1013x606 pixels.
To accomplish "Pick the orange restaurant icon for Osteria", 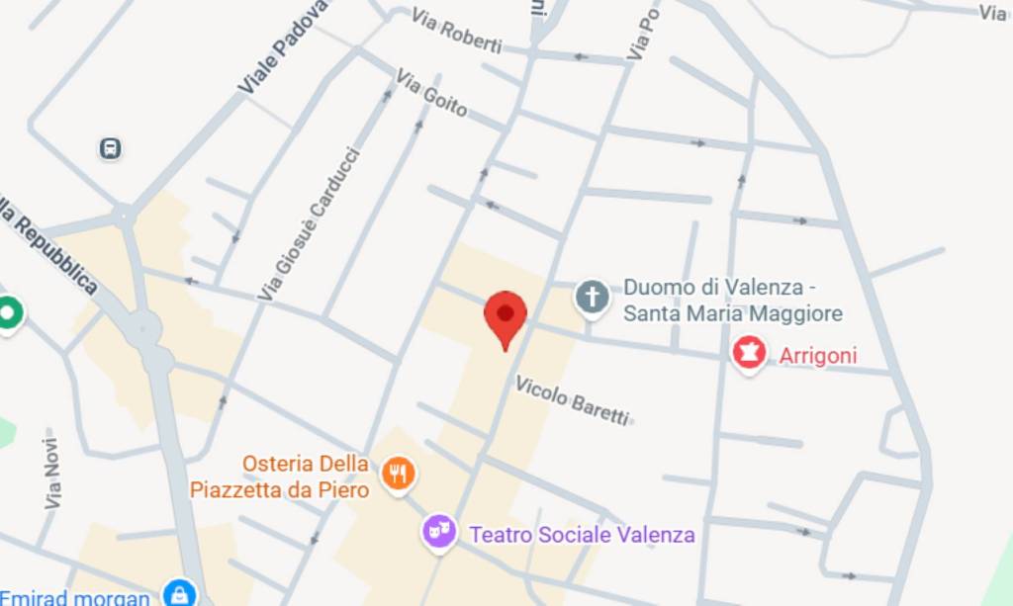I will coord(399,475).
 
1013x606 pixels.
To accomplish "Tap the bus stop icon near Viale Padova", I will coord(110,148).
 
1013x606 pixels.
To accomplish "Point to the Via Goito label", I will coord(431,92).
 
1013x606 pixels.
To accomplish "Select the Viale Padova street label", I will coord(282,47).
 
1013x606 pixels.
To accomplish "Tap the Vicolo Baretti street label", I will coord(572,400).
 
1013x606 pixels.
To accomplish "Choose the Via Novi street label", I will coord(51,474).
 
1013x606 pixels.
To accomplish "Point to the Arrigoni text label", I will coord(818,356).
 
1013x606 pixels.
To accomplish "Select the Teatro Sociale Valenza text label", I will coord(582,535).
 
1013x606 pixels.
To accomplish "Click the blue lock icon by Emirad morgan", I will coord(178,594).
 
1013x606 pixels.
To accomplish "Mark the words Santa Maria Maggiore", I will coord(733,314).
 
